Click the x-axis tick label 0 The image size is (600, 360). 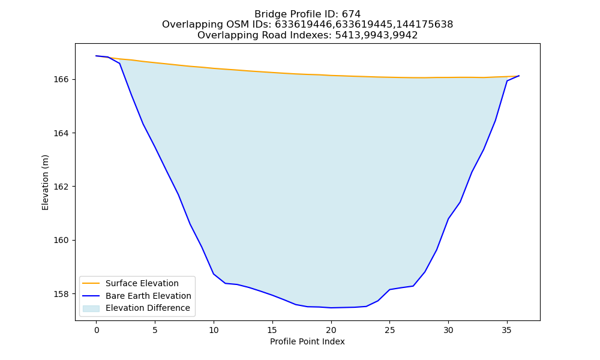coord(97,330)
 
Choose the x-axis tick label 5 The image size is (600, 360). coord(155,330)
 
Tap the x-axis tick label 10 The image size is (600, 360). coord(214,330)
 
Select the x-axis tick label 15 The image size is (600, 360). coord(272,330)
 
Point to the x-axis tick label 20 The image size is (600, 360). coord(331,330)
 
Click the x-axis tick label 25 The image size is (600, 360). coord(389,330)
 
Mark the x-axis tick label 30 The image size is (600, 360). coord(448,330)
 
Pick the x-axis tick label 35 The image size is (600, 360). coord(507,330)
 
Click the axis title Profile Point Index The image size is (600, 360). coord(307,341)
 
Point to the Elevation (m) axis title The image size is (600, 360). coord(45,182)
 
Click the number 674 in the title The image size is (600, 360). coord(351,14)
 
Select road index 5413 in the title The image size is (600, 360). coord(347,35)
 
